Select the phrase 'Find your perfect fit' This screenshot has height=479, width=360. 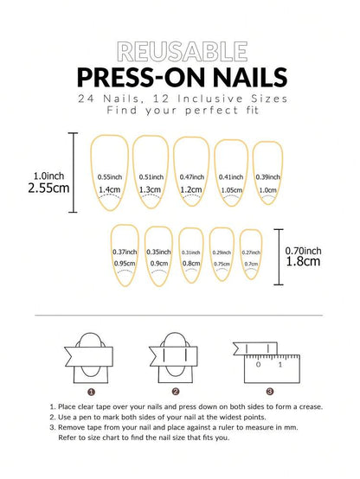click(179, 112)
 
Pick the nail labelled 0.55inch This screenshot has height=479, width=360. click(109, 175)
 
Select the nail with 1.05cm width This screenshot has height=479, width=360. click(231, 175)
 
